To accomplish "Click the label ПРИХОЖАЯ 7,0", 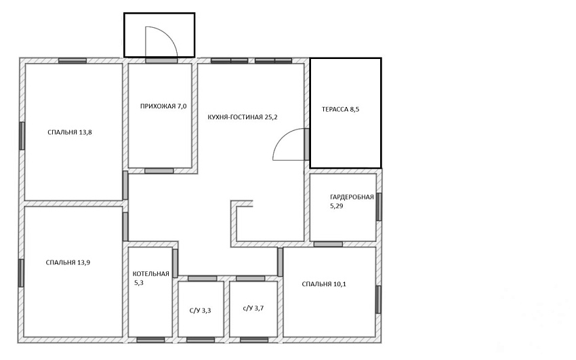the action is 163,106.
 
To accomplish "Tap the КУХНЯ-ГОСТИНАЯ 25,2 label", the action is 243,117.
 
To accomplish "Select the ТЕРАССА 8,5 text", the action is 341,109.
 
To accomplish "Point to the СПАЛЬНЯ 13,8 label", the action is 70,132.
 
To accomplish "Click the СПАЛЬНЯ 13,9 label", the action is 68,262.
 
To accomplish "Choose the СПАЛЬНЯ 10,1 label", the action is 324,284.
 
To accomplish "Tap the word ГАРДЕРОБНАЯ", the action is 352,197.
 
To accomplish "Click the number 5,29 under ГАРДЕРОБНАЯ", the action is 337,206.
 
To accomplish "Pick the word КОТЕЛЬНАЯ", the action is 151,274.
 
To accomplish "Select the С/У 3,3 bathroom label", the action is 200,311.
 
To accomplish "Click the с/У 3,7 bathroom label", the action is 253,308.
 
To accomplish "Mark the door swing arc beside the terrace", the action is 281,138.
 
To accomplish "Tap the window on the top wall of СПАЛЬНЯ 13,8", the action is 73,60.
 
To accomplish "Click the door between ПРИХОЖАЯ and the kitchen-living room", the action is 159,171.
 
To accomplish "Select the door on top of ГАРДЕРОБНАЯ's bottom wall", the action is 328,244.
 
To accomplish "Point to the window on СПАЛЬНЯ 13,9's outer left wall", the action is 21,273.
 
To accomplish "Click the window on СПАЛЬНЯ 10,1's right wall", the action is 378,300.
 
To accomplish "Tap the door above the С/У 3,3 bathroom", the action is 203,279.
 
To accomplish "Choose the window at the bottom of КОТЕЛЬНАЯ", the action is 150,340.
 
